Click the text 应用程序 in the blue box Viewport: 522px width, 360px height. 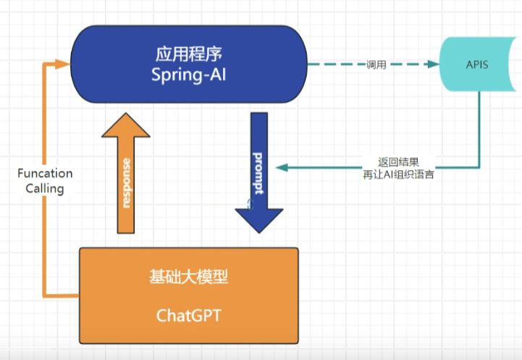[x=188, y=55]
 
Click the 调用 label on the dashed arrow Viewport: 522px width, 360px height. [x=376, y=64]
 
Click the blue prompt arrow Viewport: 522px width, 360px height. [x=258, y=167]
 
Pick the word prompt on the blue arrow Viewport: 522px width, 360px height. [x=258, y=175]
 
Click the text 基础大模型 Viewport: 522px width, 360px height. [x=188, y=277]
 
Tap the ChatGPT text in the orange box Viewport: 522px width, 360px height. [x=188, y=316]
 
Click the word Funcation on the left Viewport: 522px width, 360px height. [x=45, y=174]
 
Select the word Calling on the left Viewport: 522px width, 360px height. [x=45, y=189]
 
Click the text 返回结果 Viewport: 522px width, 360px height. [x=398, y=162]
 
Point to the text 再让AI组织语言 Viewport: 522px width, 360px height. [x=398, y=175]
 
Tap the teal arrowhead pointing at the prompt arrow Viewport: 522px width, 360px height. [x=281, y=168]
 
